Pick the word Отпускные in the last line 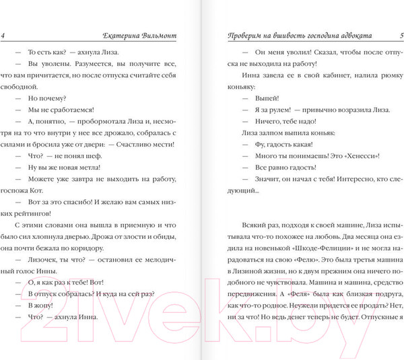pos(382,316)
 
